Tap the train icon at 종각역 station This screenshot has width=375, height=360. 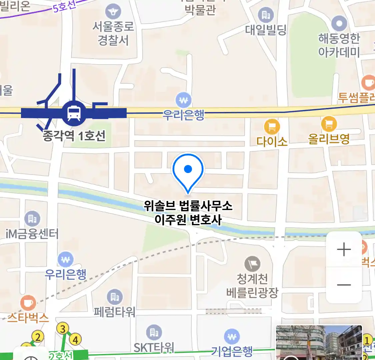pyautogui.click(x=74, y=113)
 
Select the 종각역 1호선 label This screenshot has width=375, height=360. pyautogui.click(x=74, y=136)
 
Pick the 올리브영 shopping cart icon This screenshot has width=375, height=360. pyautogui.click(x=329, y=124)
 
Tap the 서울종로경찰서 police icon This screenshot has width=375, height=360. pyautogui.click(x=113, y=12)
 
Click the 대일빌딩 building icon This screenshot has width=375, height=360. pyautogui.click(x=266, y=15)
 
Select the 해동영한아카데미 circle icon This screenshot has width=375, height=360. pyautogui.click(x=339, y=24)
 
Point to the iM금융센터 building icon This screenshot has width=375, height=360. pyautogui.click(x=32, y=219)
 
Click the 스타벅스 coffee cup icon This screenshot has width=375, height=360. pyautogui.click(x=28, y=303)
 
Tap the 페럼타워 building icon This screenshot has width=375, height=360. pyautogui.click(x=115, y=297)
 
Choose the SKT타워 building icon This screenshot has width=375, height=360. pyautogui.click(x=154, y=332)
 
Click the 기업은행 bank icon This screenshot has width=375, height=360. pyautogui.click(x=232, y=337)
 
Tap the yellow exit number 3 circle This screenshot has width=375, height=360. pyautogui.click(x=63, y=329)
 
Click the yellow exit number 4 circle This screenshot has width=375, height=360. pyautogui.click(x=75, y=340)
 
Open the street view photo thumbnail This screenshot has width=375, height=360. pyautogui.click(x=319, y=343)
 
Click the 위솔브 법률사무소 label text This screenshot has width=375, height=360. pyautogui.click(x=188, y=206)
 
